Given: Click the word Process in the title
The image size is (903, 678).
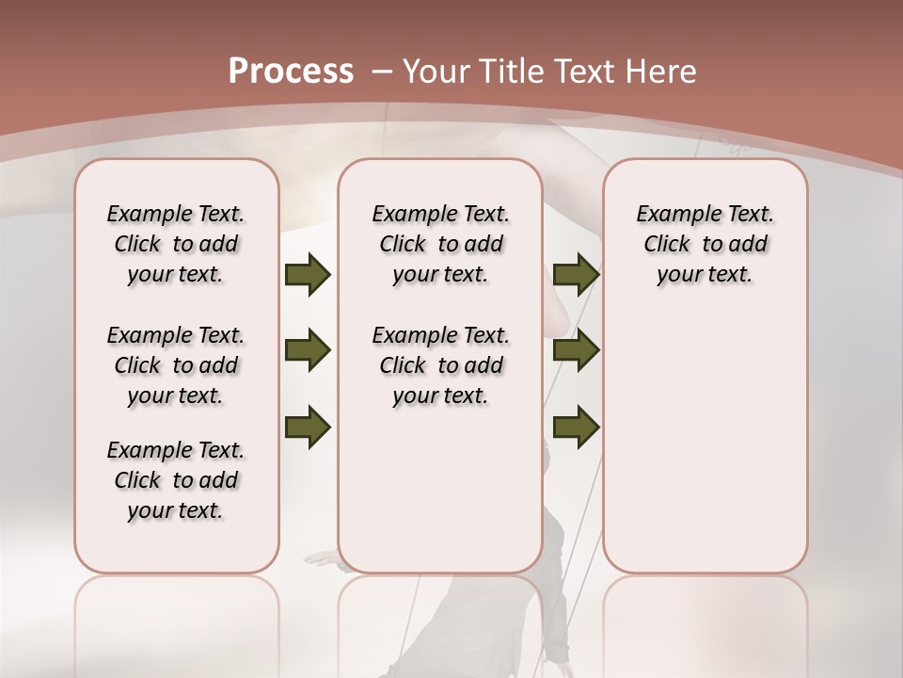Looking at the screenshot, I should click(x=291, y=71).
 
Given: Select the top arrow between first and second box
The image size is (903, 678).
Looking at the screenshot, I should click(x=308, y=274).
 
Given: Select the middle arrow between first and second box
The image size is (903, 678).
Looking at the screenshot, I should click(x=308, y=350).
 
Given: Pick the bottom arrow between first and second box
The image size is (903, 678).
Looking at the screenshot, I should click(x=308, y=427).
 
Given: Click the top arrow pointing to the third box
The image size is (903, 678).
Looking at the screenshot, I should click(x=576, y=274).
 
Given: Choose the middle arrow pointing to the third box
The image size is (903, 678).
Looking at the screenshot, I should click(x=576, y=350).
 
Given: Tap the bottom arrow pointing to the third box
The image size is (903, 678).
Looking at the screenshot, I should click(x=576, y=427).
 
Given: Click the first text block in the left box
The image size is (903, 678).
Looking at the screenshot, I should click(x=176, y=244).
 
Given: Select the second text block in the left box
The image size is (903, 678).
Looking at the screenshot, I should click(x=176, y=365).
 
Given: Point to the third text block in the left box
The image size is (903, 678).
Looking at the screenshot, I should click(x=176, y=480).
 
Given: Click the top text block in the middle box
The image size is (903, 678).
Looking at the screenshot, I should click(x=440, y=244).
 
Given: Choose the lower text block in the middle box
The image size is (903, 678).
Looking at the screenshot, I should click(x=440, y=365).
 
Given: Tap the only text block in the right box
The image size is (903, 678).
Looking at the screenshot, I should click(x=705, y=244).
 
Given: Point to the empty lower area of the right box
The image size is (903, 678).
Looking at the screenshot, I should click(x=705, y=443).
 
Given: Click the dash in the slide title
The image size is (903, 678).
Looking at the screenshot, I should click(x=382, y=71).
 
